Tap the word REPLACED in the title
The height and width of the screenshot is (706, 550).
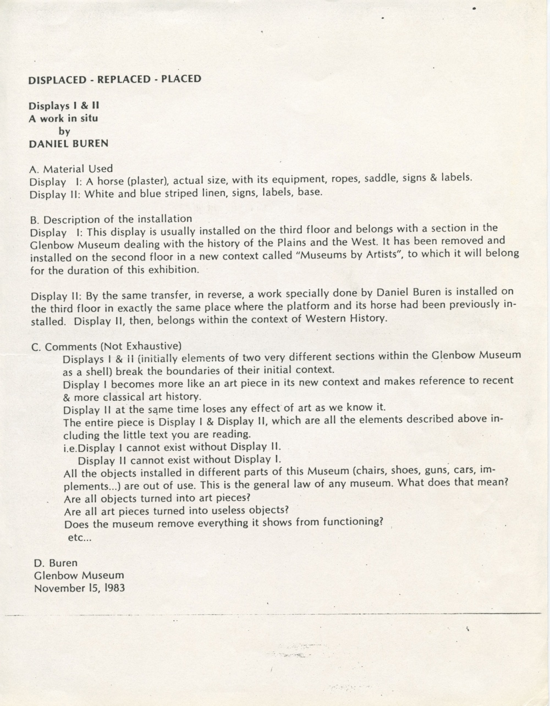[x=124, y=79]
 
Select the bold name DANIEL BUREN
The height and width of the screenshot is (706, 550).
[x=68, y=144]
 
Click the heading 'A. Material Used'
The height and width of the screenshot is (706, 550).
[x=71, y=169]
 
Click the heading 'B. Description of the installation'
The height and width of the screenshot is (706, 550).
[x=111, y=219]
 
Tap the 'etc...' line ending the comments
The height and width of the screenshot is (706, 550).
[x=79, y=538]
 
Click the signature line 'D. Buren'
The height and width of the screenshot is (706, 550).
[x=56, y=563]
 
